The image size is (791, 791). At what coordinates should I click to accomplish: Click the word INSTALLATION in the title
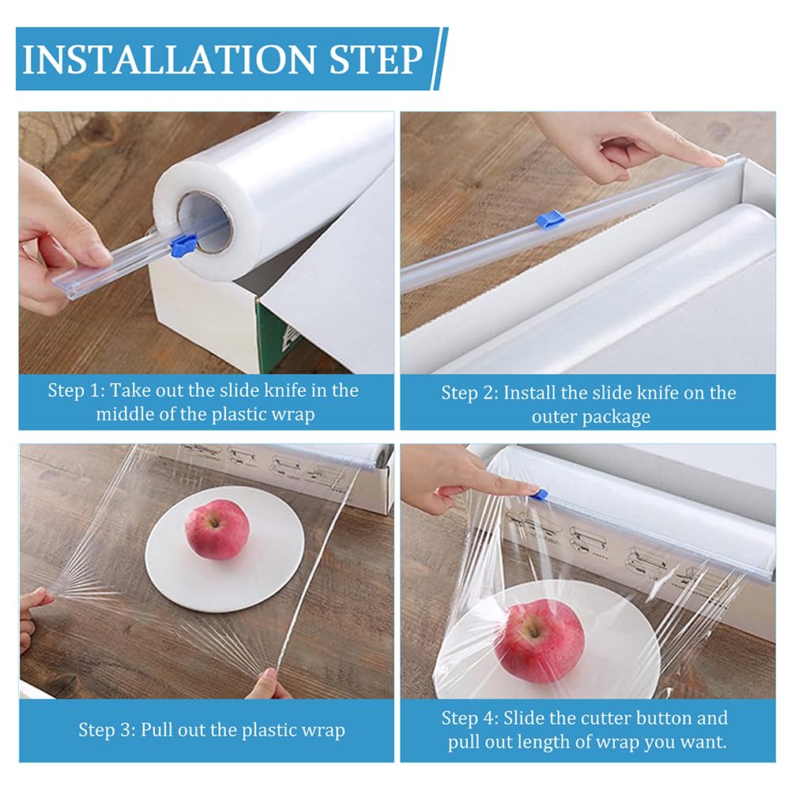(169, 59)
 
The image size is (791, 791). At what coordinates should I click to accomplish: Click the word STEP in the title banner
(376, 59)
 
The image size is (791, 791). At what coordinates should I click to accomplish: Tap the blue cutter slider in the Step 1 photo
(183, 245)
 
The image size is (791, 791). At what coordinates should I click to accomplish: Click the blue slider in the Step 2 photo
(550, 220)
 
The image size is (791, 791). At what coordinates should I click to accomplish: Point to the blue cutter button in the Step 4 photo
(538, 493)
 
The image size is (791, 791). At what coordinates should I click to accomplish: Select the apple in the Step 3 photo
(217, 529)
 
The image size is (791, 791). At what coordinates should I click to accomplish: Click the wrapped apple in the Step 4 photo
(539, 642)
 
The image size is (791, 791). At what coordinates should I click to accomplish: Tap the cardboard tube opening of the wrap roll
(205, 220)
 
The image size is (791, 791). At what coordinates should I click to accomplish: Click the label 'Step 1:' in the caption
(76, 390)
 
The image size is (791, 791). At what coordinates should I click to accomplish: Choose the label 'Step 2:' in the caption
(469, 393)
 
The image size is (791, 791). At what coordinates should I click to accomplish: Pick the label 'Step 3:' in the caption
(107, 730)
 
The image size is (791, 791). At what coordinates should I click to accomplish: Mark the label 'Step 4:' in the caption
(469, 718)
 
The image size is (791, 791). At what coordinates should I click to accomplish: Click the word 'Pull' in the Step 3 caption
(157, 729)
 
